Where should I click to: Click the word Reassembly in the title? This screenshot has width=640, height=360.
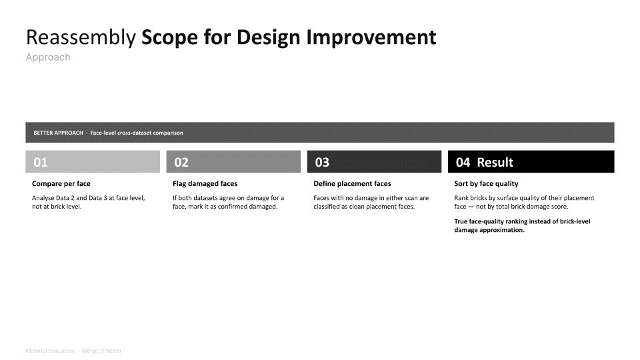point(81,37)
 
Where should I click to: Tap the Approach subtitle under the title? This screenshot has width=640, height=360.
point(48,57)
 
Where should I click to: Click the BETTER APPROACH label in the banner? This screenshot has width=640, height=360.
point(59,133)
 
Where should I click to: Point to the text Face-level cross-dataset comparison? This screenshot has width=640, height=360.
point(137,133)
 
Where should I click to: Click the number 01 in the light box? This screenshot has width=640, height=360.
point(41,163)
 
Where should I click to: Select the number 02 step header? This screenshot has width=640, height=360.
point(181,163)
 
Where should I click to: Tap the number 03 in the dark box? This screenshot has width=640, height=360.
point(322,163)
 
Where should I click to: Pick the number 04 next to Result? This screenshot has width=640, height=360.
point(463,163)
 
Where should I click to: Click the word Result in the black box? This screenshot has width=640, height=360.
point(495,163)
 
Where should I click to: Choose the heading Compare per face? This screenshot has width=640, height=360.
point(61,184)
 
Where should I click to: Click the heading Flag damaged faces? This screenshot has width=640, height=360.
point(205,184)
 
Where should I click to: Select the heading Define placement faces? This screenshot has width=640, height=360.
point(352,184)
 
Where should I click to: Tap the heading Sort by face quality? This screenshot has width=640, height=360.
point(486,184)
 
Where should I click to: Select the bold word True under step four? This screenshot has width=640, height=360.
point(461,221)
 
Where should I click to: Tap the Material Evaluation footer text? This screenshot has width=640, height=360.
point(50,351)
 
